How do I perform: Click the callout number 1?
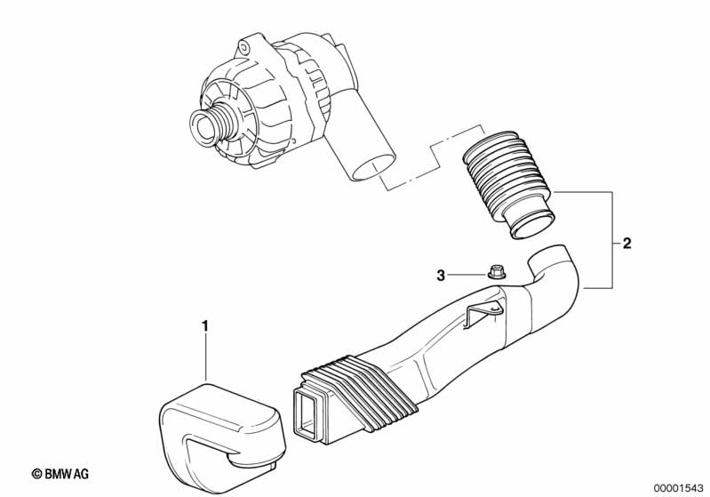tap(205, 325)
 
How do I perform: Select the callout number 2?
tap(626, 244)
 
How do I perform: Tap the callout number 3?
tap(441, 275)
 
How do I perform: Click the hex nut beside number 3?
tap(498, 272)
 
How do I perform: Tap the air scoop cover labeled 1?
tap(222, 430)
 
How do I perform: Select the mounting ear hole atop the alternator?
tap(244, 47)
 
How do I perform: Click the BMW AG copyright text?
tap(60, 474)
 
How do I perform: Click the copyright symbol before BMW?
tap(37, 474)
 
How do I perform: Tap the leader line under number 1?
tap(205, 358)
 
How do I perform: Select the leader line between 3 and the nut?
tap(467, 275)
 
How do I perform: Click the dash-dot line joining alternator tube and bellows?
tap(433, 156)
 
